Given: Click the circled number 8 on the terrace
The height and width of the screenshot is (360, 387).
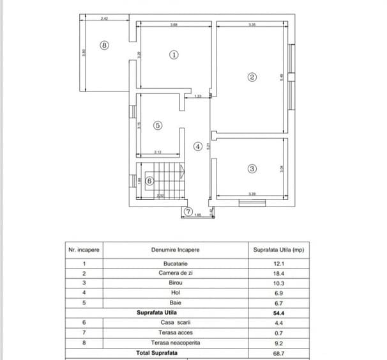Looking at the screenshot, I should tap(105, 45).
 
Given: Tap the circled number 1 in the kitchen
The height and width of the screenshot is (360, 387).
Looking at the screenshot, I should tap(174, 55).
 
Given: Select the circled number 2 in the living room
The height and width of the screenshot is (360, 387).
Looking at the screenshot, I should tap(252, 77).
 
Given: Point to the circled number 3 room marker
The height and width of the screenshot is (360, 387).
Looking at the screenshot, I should tap(252, 169).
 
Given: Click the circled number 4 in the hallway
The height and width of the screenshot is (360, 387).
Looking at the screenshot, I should tap(198, 146).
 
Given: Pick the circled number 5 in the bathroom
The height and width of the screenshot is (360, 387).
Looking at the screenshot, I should tap(158, 125).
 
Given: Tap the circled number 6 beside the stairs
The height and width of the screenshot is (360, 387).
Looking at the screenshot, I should tap(149, 181).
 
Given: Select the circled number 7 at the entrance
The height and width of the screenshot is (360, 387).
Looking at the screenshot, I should tap(188, 212).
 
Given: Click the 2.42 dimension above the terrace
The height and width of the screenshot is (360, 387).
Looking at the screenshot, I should tap(105, 19).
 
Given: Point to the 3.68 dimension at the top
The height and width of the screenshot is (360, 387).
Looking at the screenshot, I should tap(174, 25).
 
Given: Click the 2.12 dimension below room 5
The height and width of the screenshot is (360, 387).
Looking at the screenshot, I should tap(157, 152).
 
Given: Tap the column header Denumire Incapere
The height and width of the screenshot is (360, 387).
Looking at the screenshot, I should tap(176, 250).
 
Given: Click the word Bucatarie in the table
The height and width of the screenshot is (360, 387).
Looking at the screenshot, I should tap(176, 263).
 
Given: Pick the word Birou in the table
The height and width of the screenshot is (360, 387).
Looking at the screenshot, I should tap(176, 283).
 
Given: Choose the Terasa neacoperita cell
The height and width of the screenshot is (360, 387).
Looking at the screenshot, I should tap(176, 343).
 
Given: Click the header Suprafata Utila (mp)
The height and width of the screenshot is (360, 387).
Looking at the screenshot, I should tap(278, 250).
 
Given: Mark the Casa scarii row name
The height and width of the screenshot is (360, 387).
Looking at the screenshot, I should tap(176, 323).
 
